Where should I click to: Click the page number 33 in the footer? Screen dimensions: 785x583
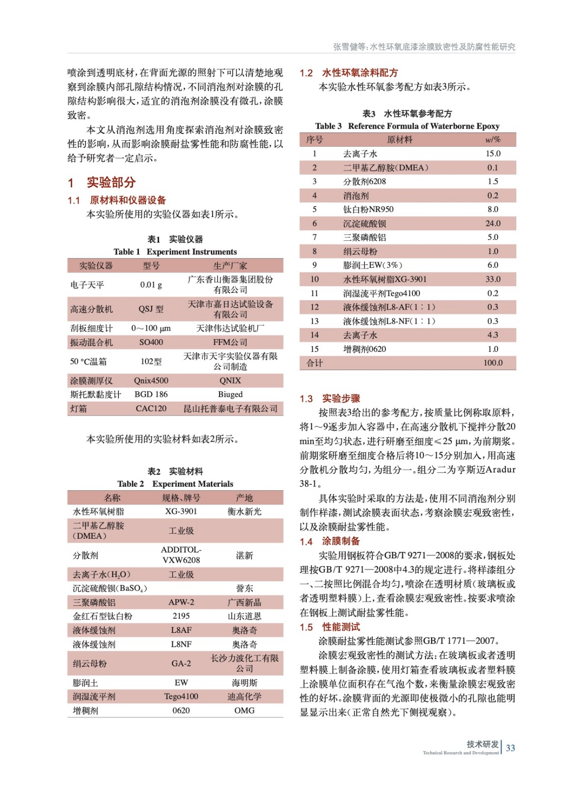tap(510, 748)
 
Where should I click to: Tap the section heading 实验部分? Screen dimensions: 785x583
tap(111, 183)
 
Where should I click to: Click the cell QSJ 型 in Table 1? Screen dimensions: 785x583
tap(151, 309)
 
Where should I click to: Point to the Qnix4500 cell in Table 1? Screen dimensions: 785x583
tap(151, 380)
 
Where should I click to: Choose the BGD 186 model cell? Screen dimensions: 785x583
tap(151, 394)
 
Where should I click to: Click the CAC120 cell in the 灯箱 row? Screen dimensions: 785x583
tap(151, 408)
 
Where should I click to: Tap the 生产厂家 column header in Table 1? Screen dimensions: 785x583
tap(230, 265)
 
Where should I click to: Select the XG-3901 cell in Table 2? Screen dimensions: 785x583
tap(181, 511)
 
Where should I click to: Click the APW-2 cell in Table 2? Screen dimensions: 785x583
tap(181, 602)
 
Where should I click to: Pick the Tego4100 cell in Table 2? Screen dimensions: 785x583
tap(181, 696)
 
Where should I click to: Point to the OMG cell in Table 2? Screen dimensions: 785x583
tap(244, 710)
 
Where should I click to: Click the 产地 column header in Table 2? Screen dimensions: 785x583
tap(244, 497)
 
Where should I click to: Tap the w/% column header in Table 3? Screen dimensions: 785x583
tap(493, 139)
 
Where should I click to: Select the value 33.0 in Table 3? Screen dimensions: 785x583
tap(493, 279)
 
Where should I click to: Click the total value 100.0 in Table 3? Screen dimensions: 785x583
tap(493, 363)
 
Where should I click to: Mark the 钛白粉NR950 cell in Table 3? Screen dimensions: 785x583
tap(368, 209)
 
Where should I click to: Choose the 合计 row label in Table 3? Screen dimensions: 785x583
tap(314, 363)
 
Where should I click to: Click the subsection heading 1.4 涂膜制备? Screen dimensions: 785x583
tap(330, 541)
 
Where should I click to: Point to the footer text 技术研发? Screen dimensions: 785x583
tap(482, 744)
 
